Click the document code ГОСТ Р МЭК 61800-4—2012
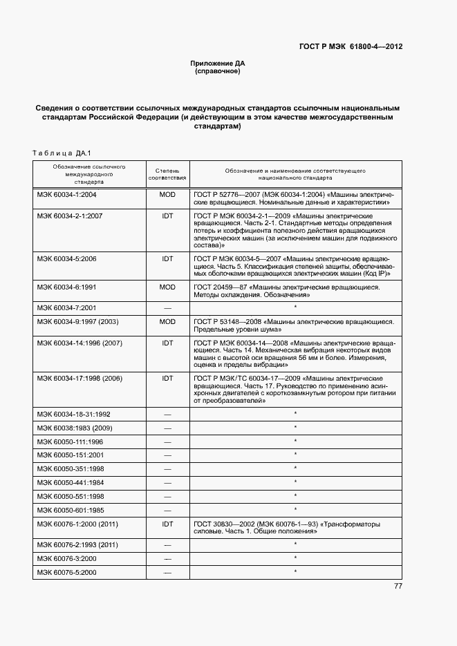click(351, 47)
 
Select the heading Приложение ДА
click(218, 64)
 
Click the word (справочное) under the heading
click(218, 71)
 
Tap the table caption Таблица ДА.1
click(62, 153)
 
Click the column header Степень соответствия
click(167, 173)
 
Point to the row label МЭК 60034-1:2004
click(67, 195)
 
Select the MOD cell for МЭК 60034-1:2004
click(167, 195)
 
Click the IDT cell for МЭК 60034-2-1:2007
click(167, 216)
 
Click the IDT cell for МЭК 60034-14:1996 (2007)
click(167, 342)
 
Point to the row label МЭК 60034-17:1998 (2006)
click(80, 379)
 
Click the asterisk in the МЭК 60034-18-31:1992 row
click(295, 414)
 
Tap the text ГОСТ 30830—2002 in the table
click(223, 524)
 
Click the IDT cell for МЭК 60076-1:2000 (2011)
click(167, 524)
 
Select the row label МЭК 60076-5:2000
click(67, 572)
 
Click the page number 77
click(398, 587)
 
